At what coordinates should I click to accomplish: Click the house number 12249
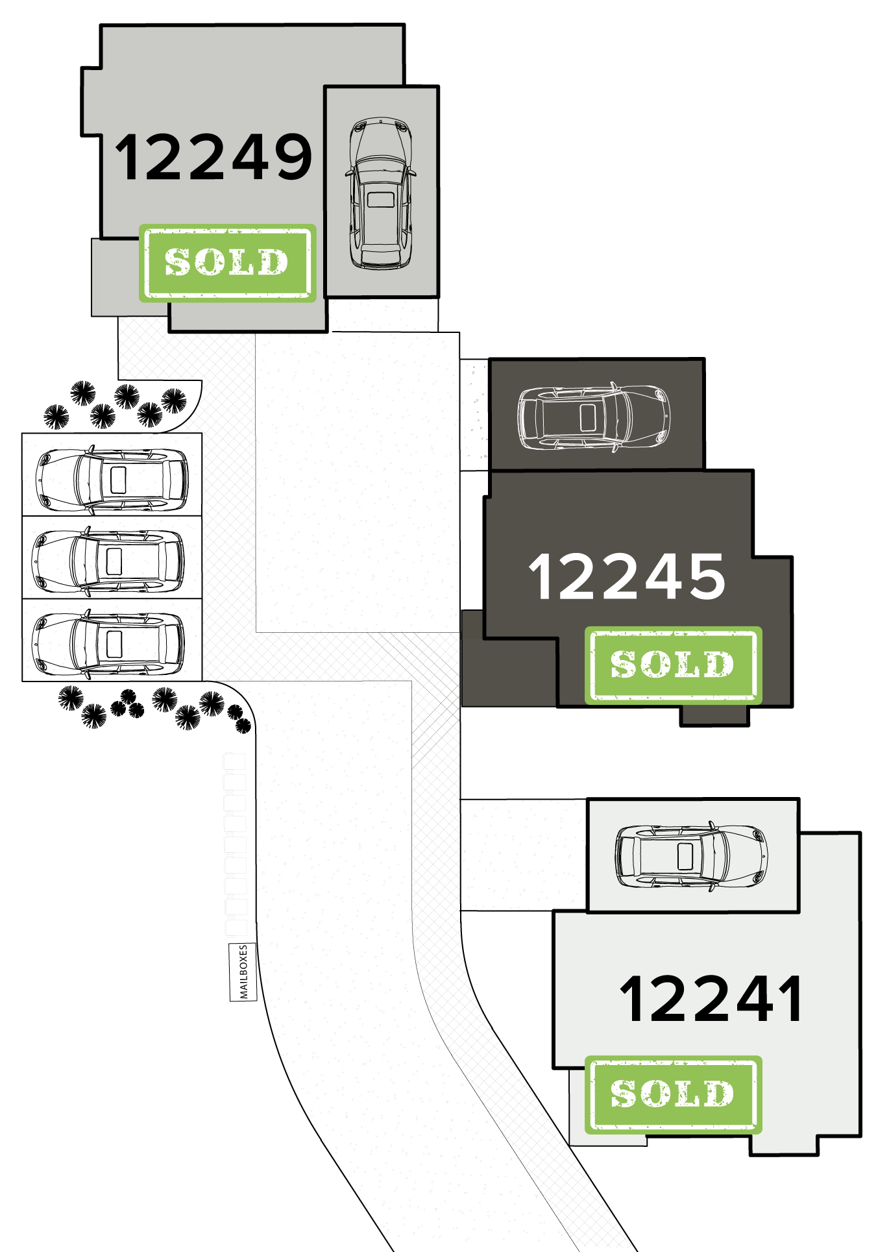(x=213, y=157)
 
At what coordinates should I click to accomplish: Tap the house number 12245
(x=627, y=576)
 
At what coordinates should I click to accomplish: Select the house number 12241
(x=711, y=1000)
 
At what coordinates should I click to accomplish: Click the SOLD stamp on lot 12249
(x=227, y=263)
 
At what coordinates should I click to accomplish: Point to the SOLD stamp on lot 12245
(x=673, y=665)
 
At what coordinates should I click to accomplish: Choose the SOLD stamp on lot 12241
(x=673, y=1094)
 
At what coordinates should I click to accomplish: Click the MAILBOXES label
(x=243, y=972)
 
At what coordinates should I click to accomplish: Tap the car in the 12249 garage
(x=381, y=193)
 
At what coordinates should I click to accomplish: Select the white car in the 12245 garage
(x=594, y=417)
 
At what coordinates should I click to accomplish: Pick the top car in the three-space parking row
(x=113, y=479)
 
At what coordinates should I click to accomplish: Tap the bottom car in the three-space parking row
(x=108, y=643)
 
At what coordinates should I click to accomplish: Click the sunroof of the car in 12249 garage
(x=381, y=199)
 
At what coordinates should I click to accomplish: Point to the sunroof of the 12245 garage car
(x=589, y=417)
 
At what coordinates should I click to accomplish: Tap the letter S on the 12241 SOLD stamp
(x=624, y=1094)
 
